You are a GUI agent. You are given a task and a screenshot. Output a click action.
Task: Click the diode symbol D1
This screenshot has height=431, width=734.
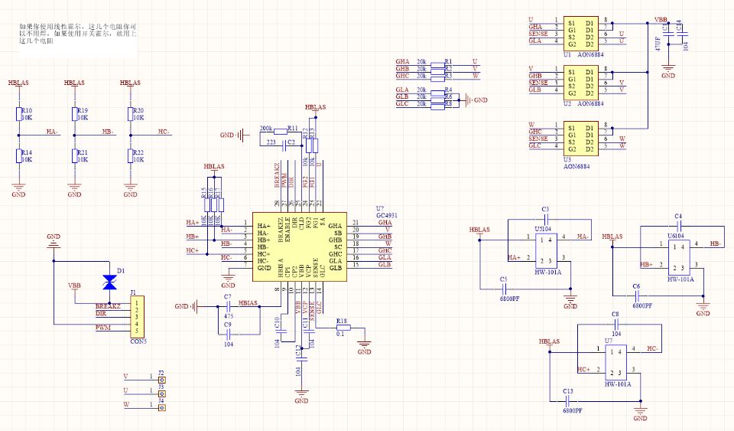coord(110,279)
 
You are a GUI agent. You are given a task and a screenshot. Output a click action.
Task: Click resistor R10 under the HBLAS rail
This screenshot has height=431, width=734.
coord(19,115)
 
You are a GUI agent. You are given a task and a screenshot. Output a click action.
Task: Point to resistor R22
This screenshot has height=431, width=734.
coord(131,155)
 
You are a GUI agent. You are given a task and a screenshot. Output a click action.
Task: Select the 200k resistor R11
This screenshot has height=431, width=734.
coord(291,129)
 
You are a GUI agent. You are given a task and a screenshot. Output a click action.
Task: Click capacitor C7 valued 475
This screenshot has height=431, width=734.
coord(227,304)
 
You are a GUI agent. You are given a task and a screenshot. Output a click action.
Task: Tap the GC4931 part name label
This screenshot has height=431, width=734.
coord(386,217)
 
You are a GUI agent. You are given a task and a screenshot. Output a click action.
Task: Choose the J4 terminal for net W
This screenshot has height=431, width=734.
coord(161,407)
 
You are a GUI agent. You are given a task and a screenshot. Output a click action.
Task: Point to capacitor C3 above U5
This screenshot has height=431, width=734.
coord(545,218)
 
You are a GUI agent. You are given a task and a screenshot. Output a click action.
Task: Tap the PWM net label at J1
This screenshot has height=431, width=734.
coord(102,328)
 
